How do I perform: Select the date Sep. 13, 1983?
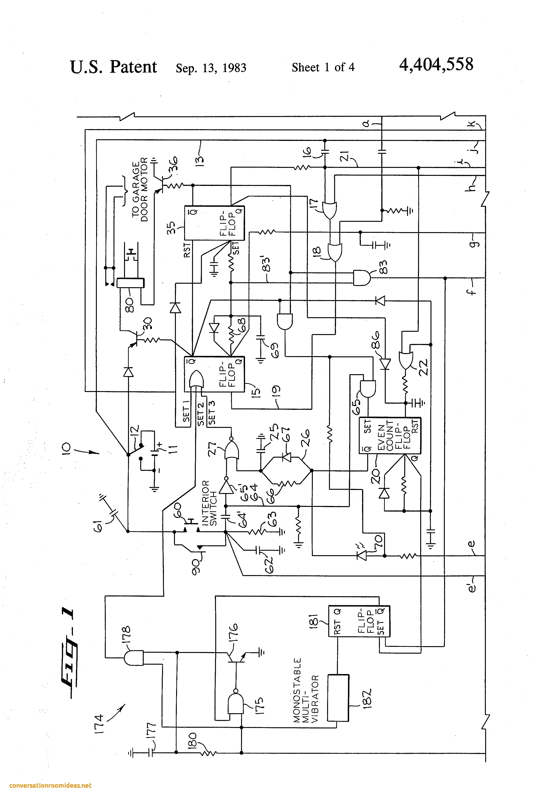[211, 68]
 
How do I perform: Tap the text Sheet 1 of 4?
[323, 67]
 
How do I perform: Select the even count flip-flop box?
[390, 436]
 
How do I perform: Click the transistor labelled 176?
[237, 657]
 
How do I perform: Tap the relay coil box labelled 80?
[130, 283]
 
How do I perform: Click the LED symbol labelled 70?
[362, 555]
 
